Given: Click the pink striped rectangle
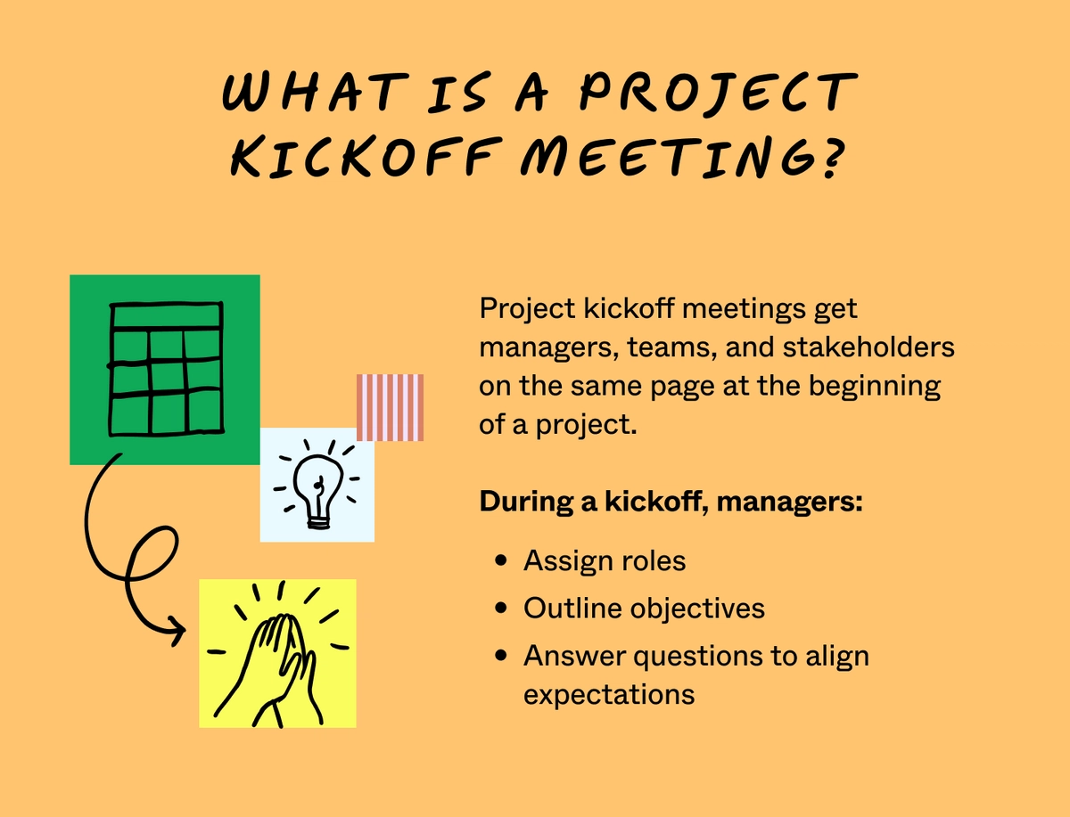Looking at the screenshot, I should (x=390, y=407).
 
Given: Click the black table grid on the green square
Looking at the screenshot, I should (x=166, y=369).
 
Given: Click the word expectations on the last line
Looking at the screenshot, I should (x=608, y=694).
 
